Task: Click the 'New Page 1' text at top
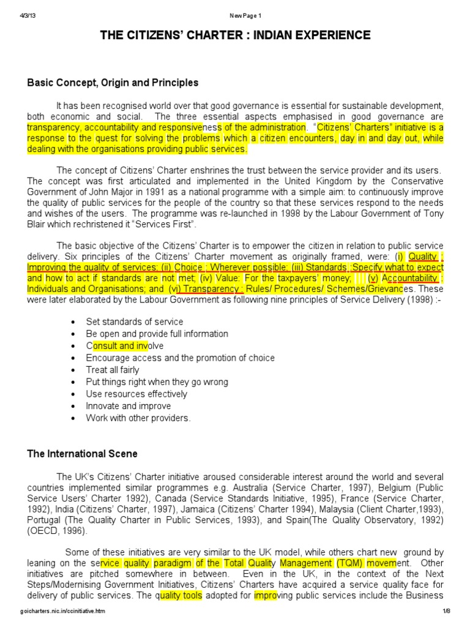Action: [235, 15]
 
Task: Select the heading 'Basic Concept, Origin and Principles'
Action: [113, 82]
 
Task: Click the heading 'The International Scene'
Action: [83, 454]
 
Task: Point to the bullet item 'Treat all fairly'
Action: [113, 370]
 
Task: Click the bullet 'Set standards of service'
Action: [135, 321]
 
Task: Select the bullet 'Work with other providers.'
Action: [138, 418]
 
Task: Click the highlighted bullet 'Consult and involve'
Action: [125, 346]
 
